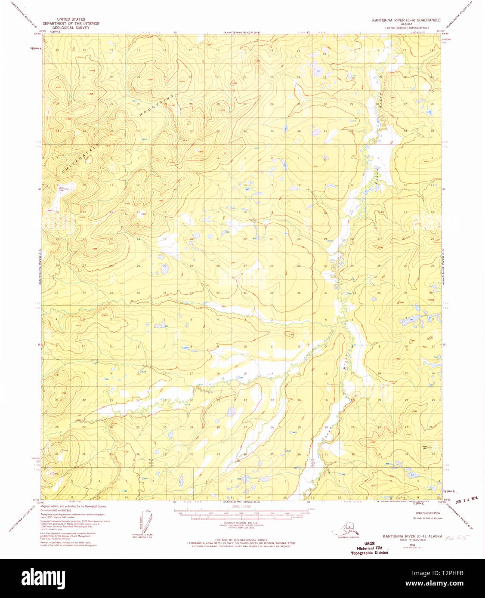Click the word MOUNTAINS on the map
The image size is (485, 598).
pyautogui.click(x=157, y=105)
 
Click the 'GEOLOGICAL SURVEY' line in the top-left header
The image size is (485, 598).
pyautogui.click(x=71, y=28)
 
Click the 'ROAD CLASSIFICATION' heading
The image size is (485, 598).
pyautogui.click(x=426, y=513)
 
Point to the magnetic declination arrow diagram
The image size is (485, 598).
pyautogui.click(x=143, y=523)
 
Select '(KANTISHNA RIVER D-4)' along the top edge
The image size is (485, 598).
pyautogui.click(x=242, y=32)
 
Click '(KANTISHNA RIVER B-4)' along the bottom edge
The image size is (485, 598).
pyautogui.click(x=241, y=502)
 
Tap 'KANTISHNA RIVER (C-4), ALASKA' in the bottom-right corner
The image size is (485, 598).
pyautogui.click(x=411, y=536)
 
